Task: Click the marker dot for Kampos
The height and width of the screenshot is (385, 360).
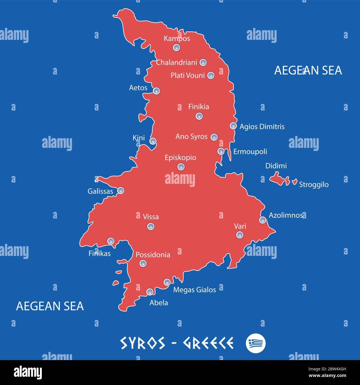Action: coord(176,47)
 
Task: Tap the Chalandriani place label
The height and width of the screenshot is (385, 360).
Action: coord(176,63)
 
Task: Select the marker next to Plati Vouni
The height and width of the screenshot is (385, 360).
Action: coord(211,75)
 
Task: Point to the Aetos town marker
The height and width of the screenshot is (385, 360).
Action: coord(156,91)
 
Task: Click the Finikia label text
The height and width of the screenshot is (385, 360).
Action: coord(199,107)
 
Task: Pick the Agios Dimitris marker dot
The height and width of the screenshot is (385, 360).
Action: coord(233,126)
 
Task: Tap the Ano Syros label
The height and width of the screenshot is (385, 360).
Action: coord(191,137)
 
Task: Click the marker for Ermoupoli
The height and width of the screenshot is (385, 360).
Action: coord(221,151)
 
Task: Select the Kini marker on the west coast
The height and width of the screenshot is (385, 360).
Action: coord(153,141)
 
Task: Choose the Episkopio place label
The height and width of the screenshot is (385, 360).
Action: coord(180,158)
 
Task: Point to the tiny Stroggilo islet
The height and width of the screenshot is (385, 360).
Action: coord(295,182)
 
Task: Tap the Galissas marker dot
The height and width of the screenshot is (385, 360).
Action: coord(121,191)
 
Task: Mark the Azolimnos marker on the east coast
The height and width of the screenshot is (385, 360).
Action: coord(263,220)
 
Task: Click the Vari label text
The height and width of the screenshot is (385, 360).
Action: coord(240,226)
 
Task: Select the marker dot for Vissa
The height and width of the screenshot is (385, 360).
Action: coord(151,226)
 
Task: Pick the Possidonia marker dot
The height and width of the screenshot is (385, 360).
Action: coord(143,263)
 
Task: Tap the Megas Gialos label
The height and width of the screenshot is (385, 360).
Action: coord(194,290)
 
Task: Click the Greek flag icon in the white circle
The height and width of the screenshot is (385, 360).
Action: coord(256,343)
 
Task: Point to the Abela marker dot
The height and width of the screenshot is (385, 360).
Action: coord(150,292)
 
